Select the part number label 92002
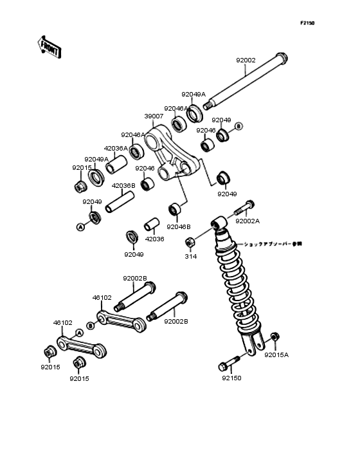point(246,60)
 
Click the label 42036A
point(116,148)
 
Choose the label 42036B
point(123,185)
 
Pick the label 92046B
point(179,226)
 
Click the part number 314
point(190,256)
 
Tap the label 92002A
point(248,221)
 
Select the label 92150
point(231,379)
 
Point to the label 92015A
point(276,354)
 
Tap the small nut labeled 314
point(190,243)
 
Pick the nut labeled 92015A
point(274,338)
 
